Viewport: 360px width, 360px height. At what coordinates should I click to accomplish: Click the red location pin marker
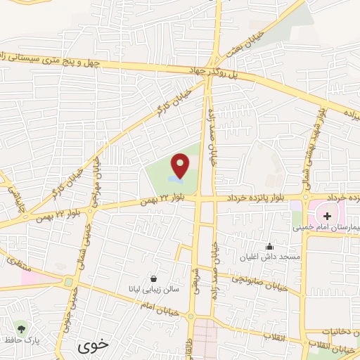pos(181,165)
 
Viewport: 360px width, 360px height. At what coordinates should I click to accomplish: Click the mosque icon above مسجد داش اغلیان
pos(269,247)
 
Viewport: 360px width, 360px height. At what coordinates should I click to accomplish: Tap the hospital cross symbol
pos(328,214)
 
